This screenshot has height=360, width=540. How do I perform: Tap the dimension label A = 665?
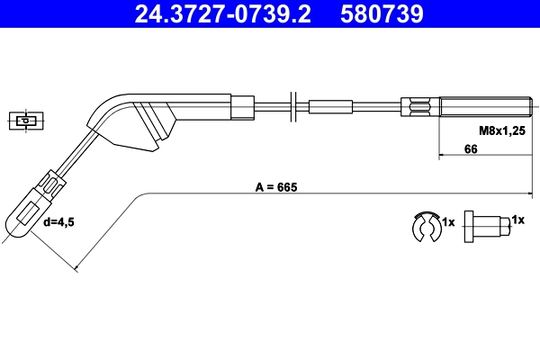(x=275, y=188)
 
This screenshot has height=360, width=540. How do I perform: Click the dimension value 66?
(x=470, y=149)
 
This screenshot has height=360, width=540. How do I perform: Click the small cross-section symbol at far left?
(x=27, y=120)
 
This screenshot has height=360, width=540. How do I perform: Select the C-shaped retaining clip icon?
(x=423, y=227)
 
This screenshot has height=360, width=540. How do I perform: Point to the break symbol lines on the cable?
(x=292, y=105)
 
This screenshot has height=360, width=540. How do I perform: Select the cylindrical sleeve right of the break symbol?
(x=335, y=106)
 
